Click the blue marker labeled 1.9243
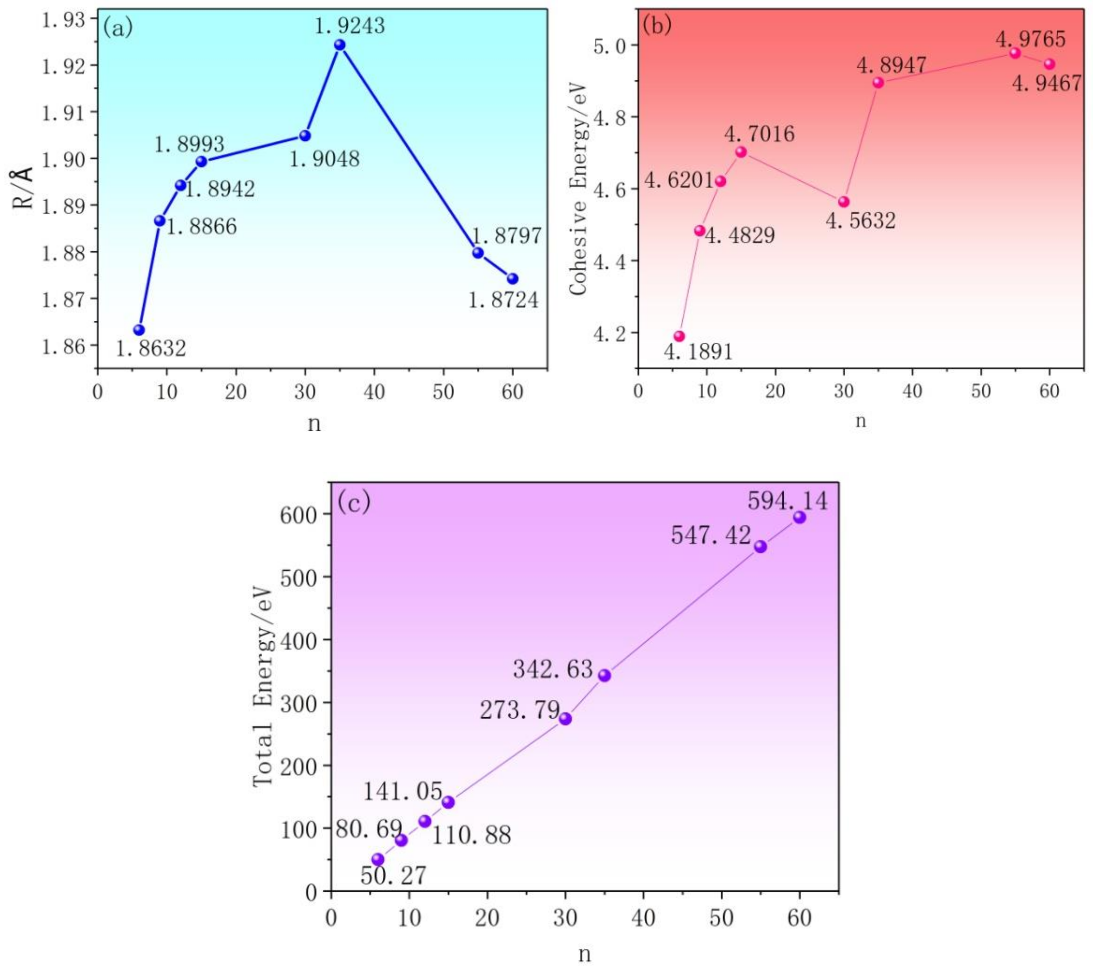[x=340, y=45]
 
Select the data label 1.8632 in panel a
[x=151, y=349]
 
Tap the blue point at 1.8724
[x=512, y=279]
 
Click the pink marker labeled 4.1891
[x=679, y=336]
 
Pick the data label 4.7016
[x=759, y=134]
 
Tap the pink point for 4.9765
[x=1015, y=53]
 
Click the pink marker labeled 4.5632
[x=844, y=202]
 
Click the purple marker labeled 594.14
[x=799, y=517]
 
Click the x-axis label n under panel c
[x=585, y=953]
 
